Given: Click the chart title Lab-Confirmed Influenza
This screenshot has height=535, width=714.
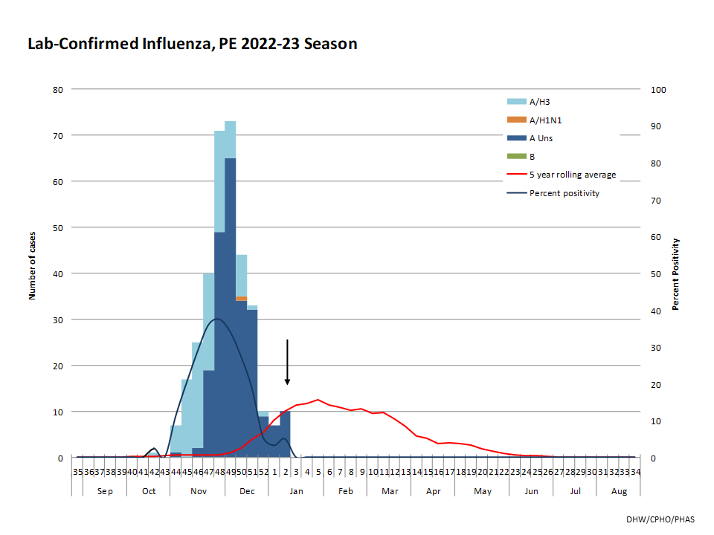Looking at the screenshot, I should (192, 44).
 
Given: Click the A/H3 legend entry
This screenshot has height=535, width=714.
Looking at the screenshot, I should (541, 101).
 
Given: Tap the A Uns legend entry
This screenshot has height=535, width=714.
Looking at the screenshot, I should (541, 138).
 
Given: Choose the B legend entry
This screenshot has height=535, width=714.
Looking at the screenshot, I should (532, 157).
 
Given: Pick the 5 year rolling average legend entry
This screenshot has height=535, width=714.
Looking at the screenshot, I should (572, 175).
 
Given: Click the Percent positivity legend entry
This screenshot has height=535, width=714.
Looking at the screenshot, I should (564, 194).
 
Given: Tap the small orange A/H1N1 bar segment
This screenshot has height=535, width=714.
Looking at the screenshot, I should (242, 299).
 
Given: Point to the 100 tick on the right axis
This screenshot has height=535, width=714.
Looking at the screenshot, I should (659, 89).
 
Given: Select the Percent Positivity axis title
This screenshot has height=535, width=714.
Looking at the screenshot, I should (676, 273).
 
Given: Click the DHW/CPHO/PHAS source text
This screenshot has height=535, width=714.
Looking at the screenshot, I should (660, 518).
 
